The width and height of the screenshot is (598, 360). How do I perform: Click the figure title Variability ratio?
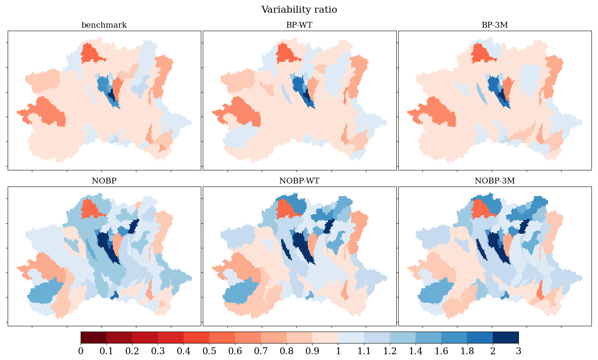[x=299, y=10]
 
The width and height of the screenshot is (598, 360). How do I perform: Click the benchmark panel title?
[x=104, y=25]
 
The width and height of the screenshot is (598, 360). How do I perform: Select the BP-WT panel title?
[x=299, y=25]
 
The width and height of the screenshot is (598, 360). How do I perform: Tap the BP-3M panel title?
[x=495, y=25]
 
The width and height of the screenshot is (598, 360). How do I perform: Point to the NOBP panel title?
[x=104, y=181]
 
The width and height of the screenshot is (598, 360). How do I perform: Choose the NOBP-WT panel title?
[x=299, y=181]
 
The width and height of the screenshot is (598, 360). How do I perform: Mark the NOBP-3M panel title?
[x=495, y=181]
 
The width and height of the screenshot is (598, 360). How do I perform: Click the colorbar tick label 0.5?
[x=209, y=351]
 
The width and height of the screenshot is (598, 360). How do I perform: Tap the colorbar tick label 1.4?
[x=416, y=351]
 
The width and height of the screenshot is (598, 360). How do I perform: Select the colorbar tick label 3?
[x=518, y=351]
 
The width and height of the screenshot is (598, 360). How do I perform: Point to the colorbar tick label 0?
[x=81, y=351]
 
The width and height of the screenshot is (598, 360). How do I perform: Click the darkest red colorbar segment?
[x=93, y=338]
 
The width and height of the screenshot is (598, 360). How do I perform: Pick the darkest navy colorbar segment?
[x=505, y=338]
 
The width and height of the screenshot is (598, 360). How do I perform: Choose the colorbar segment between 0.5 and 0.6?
[x=222, y=338]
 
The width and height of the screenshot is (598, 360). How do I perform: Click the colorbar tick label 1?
[x=338, y=351]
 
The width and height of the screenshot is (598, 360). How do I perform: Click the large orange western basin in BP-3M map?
[x=438, y=112]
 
